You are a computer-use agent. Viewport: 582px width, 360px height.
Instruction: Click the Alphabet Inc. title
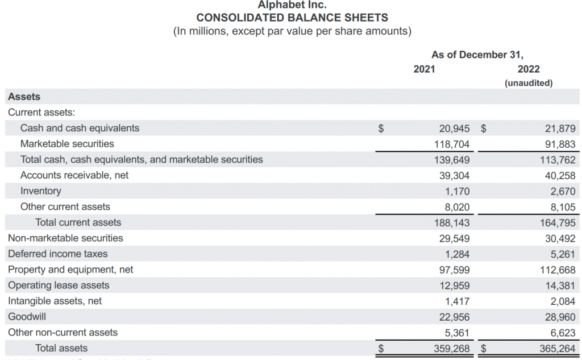pyautogui.click(x=292, y=5)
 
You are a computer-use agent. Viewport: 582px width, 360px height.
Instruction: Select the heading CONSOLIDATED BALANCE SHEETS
pyautogui.click(x=292, y=18)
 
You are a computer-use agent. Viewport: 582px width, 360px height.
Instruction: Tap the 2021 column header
pyautogui.click(x=424, y=69)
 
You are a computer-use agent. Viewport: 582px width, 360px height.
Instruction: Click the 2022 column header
pyautogui.click(x=529, y=69)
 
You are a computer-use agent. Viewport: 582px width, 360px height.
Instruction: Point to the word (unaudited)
pyautogui.click(x=529, y=83)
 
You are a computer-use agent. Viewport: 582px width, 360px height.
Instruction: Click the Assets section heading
pyautogui.click(x=24, y=97)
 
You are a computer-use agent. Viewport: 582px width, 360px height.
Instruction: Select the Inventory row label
pyautogui.click(x=41, y=191)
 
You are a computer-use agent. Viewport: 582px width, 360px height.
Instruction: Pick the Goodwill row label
pyautogui.click(x=27, y=317)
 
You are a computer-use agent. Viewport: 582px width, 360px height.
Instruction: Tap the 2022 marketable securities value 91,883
pyautogui.click(x=560, y=144)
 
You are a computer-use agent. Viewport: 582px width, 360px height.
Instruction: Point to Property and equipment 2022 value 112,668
pyautogui.click(x=558, y=270)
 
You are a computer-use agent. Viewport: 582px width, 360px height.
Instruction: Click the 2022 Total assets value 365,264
pyautogui.click(x=558, y=348)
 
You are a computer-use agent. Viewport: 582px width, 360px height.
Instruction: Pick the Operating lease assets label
pyautogui.click(x=59, y=285)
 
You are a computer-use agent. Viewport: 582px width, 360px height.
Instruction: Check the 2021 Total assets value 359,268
pyautogui.click(x=452, y=348)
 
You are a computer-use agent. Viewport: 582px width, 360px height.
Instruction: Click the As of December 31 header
pyautogui.click(x=477, y=55)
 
